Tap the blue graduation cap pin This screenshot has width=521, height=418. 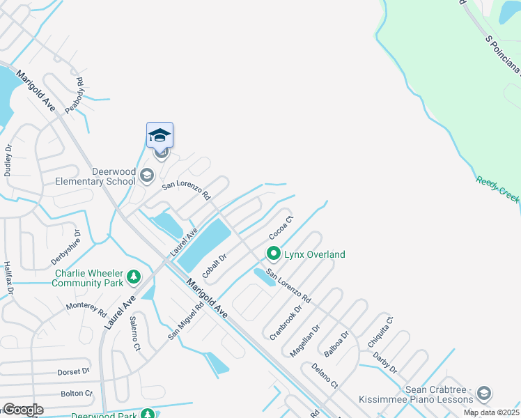[160, 134]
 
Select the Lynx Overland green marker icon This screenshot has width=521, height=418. [274, 254]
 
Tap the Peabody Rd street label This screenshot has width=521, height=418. [74, 95]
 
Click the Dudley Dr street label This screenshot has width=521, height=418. [8, 160]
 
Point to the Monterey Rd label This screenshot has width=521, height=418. [85, 307]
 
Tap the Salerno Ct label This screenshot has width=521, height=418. [134, 333]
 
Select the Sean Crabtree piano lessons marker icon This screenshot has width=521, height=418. [483, 395]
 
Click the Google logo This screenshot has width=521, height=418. [23, 410]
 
